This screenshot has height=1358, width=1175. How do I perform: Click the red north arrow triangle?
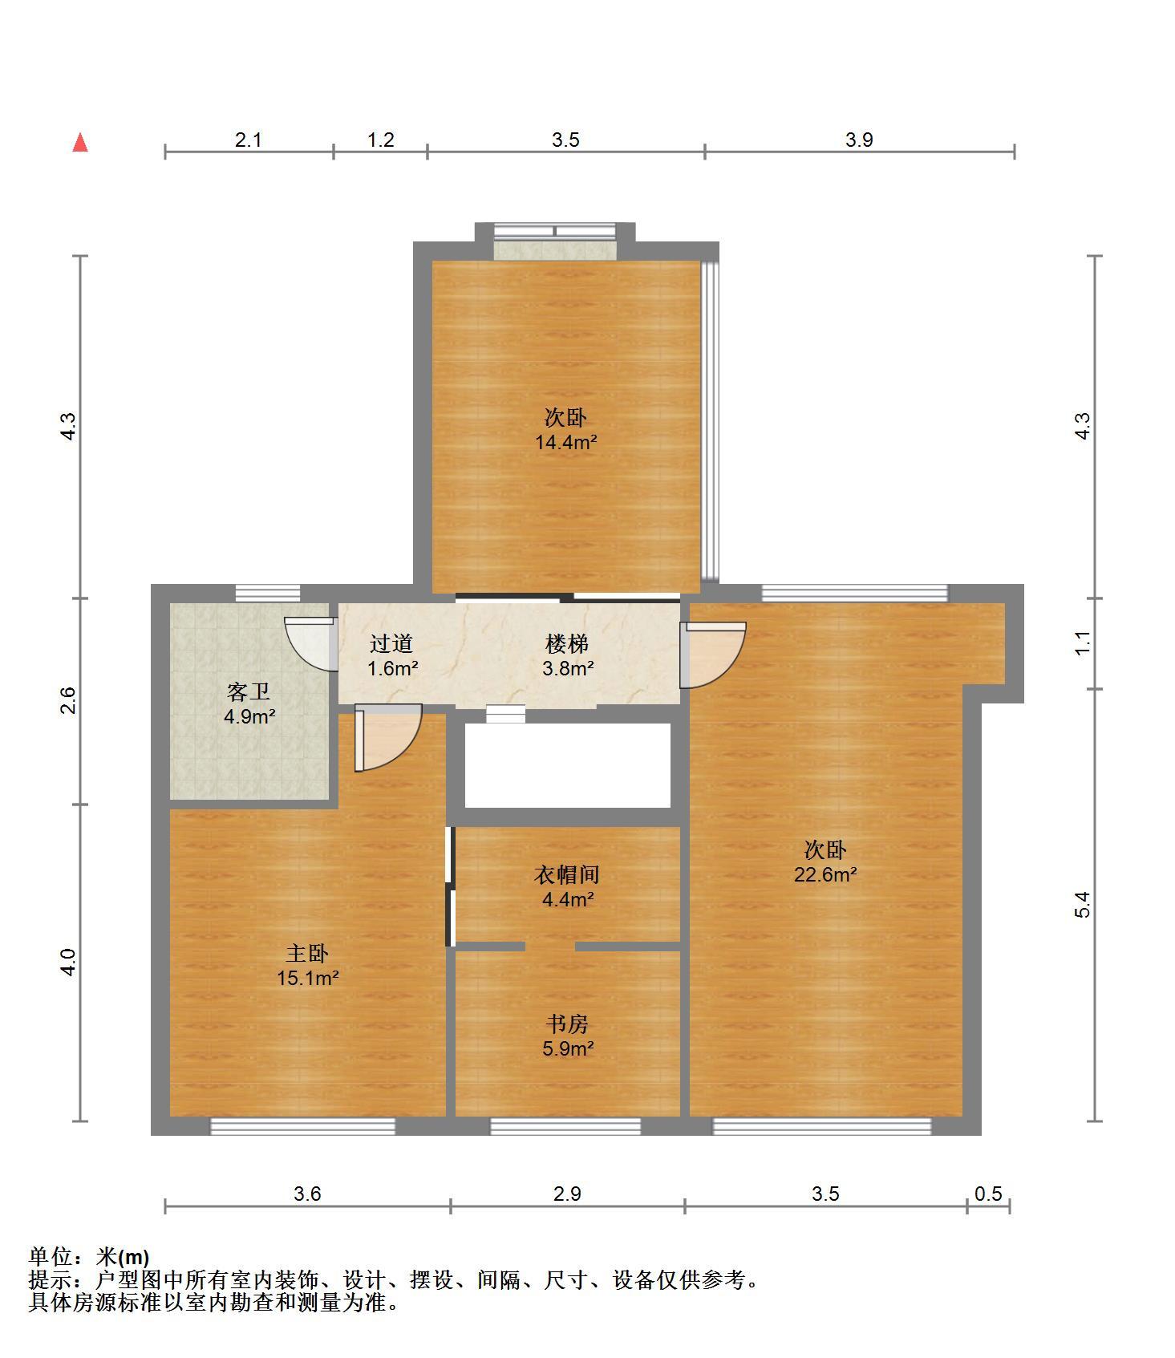80,143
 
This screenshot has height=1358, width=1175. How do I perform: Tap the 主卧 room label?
307,954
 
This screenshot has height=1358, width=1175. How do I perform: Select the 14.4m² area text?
566,442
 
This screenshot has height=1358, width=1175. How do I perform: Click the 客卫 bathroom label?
249,691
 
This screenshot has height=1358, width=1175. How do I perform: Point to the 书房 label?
567,1024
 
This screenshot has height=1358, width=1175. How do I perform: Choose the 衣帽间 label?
567,874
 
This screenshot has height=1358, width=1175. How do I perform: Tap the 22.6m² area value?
825,874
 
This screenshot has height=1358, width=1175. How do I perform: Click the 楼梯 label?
567,643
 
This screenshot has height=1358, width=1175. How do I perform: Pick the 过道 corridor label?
391,643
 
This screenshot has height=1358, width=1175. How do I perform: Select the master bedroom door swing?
387,737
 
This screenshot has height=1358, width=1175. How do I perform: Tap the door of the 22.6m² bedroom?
712,655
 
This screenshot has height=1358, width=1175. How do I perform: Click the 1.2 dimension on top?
381,140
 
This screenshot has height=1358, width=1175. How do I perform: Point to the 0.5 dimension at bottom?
988,1194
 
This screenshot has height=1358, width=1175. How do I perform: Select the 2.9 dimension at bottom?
567,1194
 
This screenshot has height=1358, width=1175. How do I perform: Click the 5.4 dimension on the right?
1083,905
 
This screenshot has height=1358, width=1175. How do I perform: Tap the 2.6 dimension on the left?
69,700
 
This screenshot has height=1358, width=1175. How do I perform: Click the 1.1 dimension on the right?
1083,643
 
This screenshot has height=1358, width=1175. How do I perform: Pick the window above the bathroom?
268,594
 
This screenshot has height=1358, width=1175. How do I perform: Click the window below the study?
565,1126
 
